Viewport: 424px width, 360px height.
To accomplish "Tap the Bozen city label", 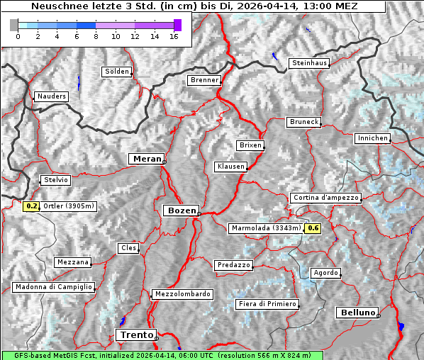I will (180, 210).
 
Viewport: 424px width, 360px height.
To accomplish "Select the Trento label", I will (135, 334).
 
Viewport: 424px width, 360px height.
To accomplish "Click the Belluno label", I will (357, 312).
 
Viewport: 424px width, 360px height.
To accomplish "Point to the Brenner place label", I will (205, 80).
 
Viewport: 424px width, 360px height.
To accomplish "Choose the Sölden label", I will (117, 72).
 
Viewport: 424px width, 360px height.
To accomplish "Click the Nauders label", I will (50, 96).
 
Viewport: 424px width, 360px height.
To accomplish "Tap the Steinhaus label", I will (310, 63).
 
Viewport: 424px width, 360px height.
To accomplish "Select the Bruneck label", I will (304, 122).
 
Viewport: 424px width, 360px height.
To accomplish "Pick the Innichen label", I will (372, 138).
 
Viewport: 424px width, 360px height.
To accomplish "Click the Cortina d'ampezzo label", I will (325, 198).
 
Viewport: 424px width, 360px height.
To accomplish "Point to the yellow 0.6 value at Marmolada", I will (313, 228).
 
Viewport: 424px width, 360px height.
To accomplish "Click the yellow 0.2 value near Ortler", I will (31, 206).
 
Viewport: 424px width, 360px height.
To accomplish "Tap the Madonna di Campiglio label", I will (53, 287).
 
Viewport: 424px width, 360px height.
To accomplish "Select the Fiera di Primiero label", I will (267, 304).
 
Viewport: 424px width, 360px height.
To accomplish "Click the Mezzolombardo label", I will (182, 293).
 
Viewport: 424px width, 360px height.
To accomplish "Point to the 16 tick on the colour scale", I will (174, 36).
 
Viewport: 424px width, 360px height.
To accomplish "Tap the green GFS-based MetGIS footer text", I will (162, 355).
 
